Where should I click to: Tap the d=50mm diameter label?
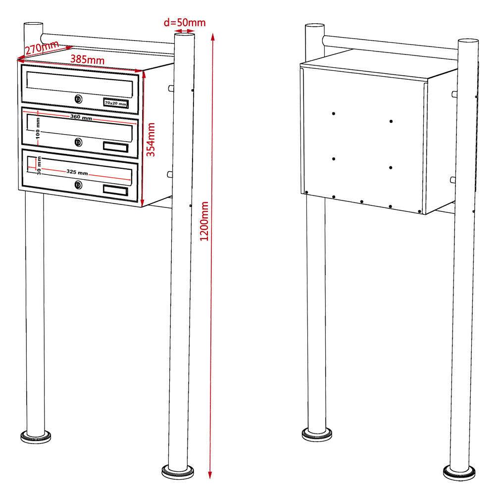184,22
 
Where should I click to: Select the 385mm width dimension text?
87,58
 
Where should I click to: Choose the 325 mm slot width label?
77,173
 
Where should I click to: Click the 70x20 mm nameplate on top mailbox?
115,102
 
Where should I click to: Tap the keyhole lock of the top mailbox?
78,99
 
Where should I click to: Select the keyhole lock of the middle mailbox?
78,143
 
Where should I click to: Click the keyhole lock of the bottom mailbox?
78,185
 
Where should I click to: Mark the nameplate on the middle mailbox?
115,147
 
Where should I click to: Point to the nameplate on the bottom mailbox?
115,191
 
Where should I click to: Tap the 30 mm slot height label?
39,166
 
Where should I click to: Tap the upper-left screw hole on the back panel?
334,114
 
